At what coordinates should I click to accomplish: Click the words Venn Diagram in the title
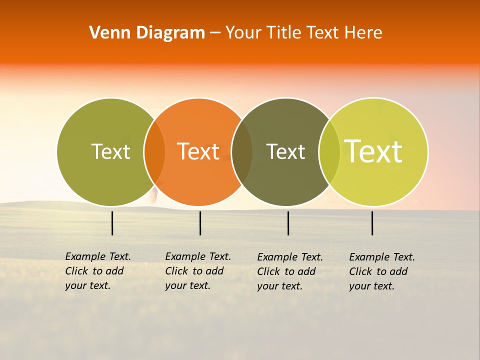147,33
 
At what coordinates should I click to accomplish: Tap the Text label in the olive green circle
110,151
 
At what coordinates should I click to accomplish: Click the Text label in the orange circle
198,151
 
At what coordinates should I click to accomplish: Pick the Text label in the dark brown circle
285,151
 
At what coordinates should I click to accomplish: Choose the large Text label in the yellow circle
373,151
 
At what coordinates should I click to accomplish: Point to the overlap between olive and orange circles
154,151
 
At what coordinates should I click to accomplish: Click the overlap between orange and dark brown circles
242,151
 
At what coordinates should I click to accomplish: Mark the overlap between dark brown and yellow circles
329,151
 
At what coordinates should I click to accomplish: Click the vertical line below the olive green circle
112,223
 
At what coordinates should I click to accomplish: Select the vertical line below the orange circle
200,223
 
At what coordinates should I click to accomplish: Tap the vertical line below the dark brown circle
288,223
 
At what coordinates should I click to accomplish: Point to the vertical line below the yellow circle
372,223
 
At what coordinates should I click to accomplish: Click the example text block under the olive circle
98,271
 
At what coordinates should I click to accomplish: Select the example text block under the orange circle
198,271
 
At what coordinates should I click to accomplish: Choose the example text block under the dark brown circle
290,271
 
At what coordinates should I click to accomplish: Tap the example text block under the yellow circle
382,271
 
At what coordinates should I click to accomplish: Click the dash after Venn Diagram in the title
215,33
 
